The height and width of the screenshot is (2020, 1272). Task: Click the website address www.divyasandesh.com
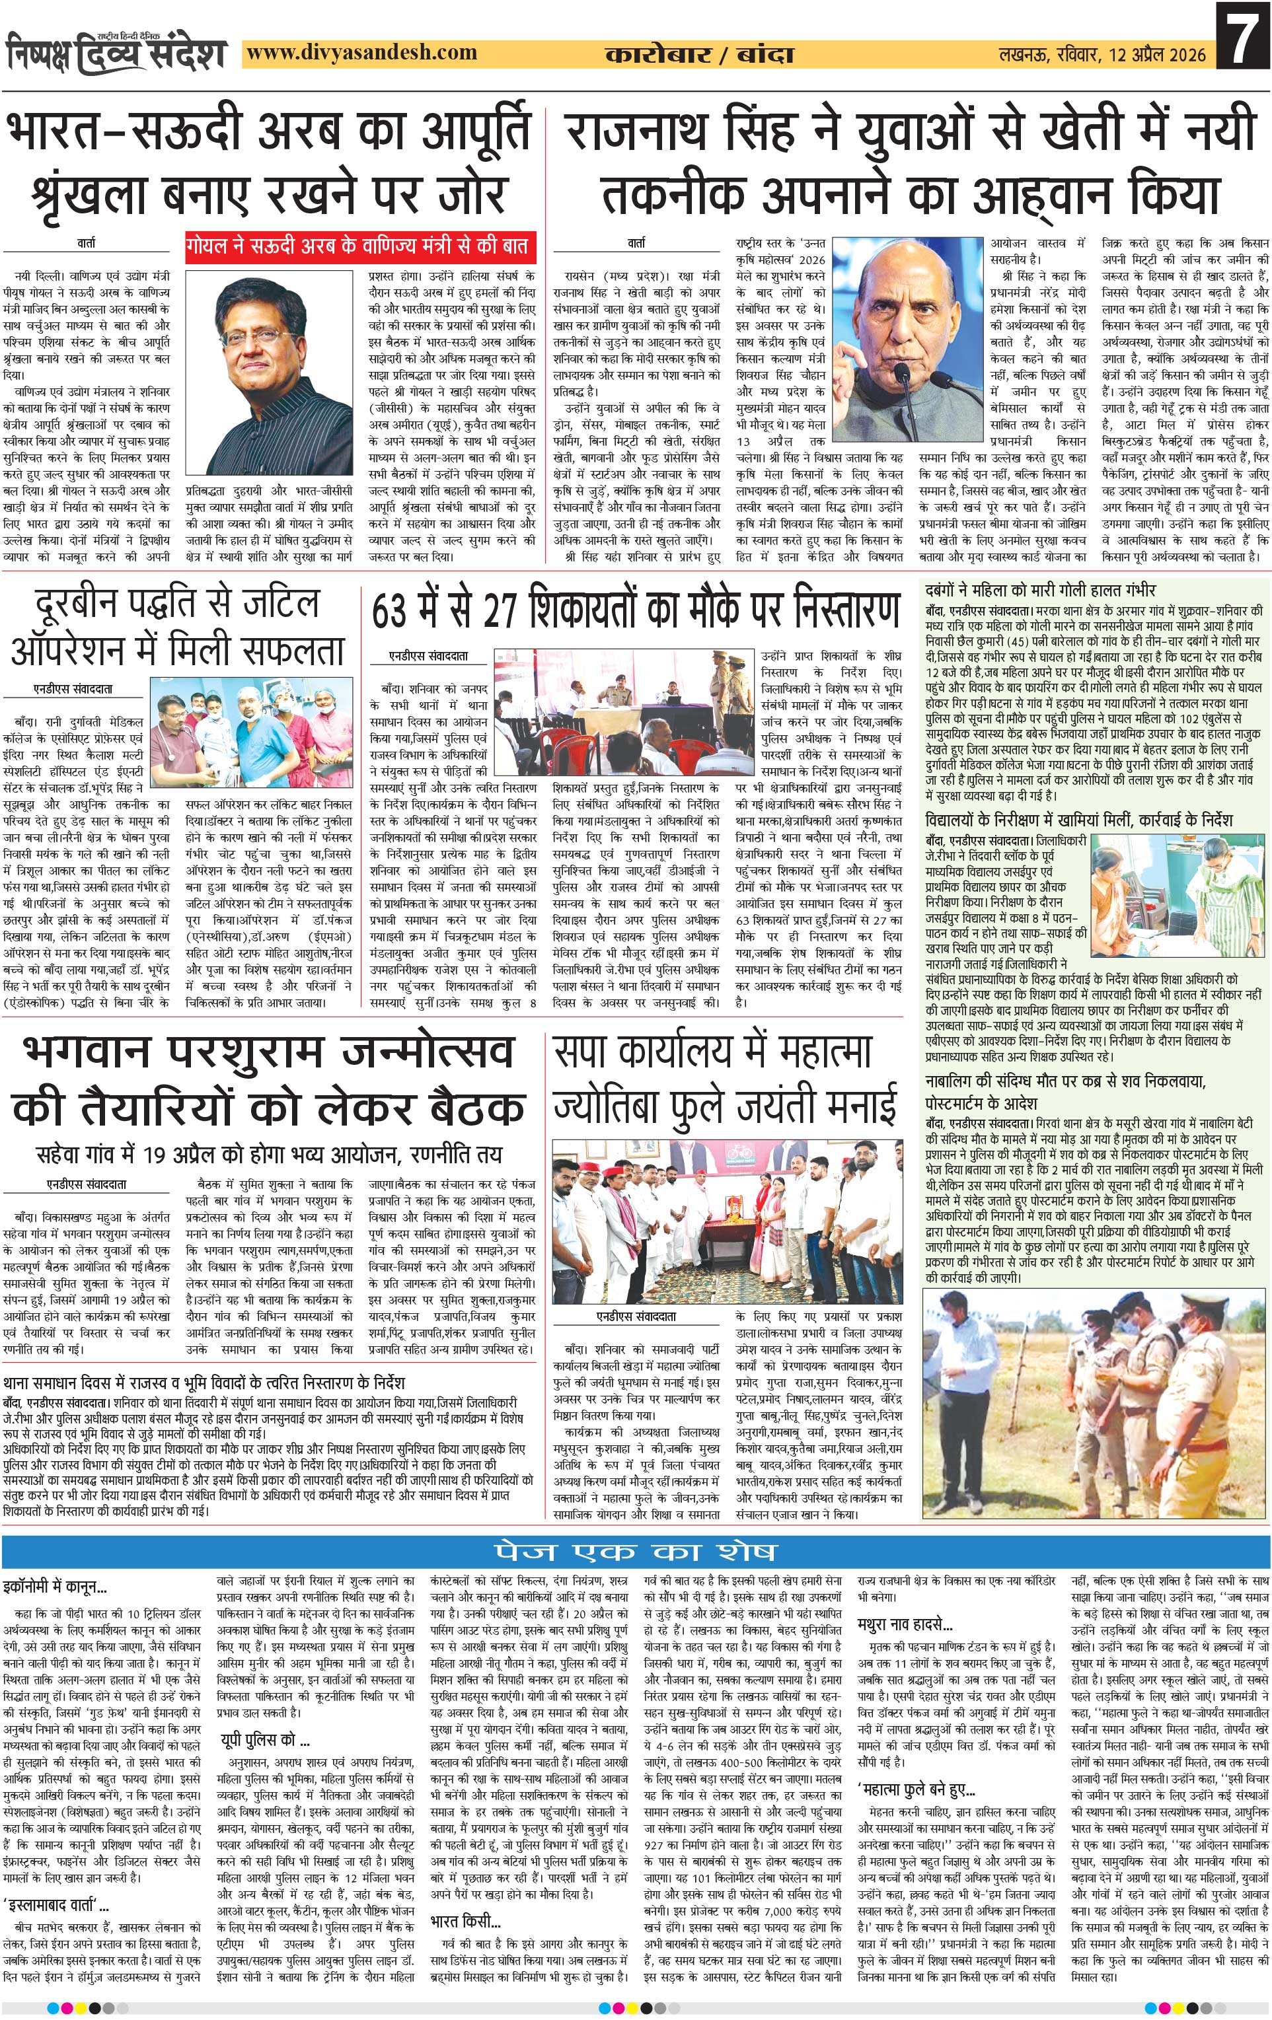pyautogui.click(x=363, y=53)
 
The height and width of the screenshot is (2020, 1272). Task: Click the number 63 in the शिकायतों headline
pyautogui.click(x=395, y=610)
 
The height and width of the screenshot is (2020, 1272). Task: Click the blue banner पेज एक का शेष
pyautogui.click(x=635, y=1551)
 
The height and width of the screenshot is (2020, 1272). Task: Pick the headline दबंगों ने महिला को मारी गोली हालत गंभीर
pyautogui.click(x=1041, y=590)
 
